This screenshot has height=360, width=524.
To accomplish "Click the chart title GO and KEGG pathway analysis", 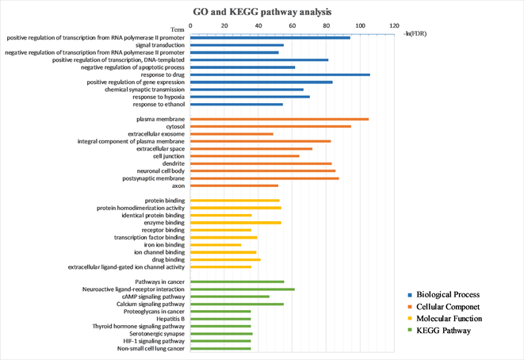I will [263, 12].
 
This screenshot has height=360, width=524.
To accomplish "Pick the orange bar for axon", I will [235, 186].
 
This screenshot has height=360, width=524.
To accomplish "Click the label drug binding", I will [167, 259].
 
